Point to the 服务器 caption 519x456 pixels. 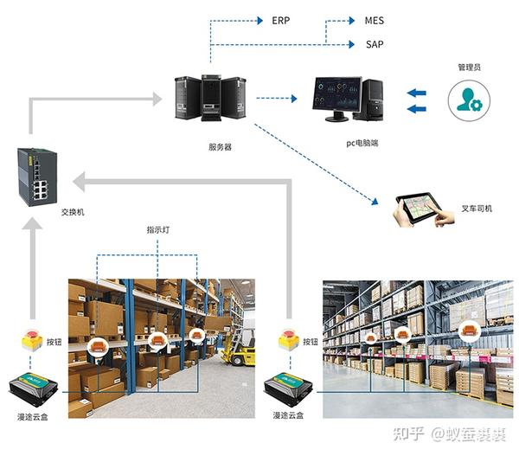click(x=221, y=147)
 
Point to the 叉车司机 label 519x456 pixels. click(x=477, y=209)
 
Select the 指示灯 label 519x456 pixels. click(x=157, y=231)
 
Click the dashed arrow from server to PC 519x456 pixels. click(x=283, y=99)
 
